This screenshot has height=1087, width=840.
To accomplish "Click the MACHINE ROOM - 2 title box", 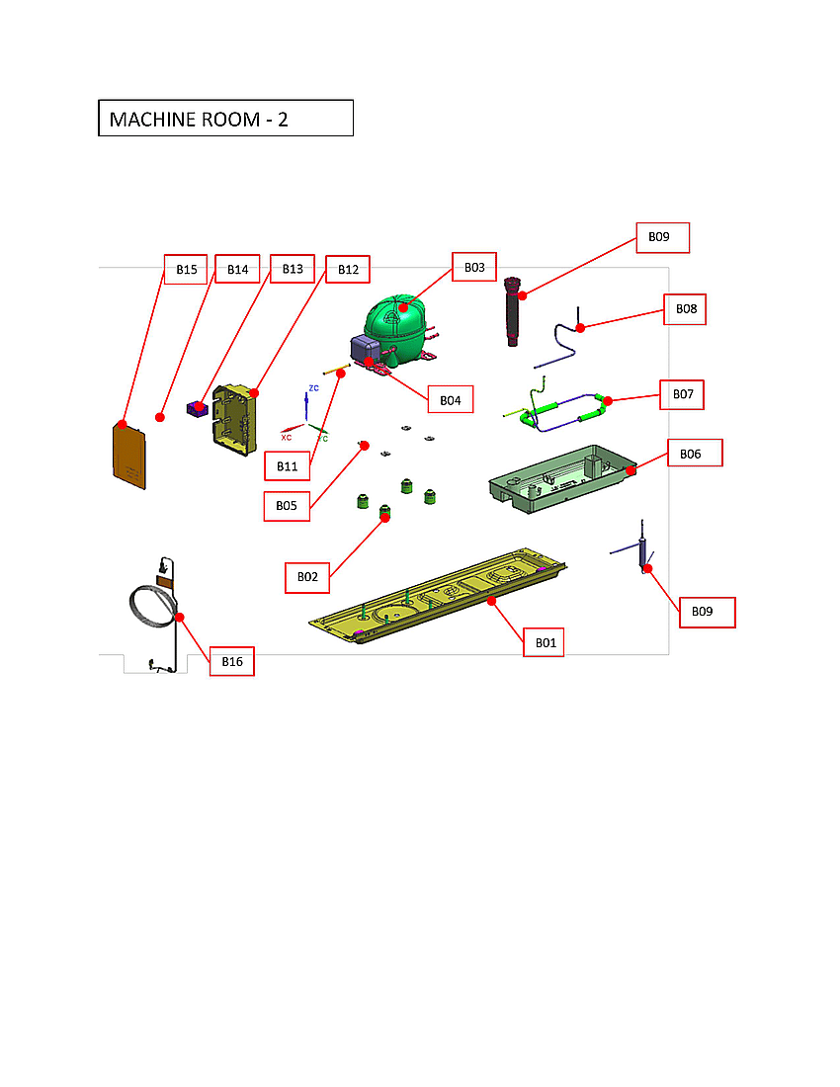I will tap(225, 118).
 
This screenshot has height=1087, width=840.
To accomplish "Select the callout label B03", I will tap(474, 268).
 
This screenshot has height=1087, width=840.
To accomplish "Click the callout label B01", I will tap(545, 642).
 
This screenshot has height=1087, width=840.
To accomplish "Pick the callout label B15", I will tap(186, 270).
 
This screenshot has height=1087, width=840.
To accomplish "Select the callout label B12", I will tap(348, 270).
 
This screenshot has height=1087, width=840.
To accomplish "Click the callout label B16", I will tap(232, 661).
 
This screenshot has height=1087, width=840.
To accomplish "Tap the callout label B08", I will tap(686, 309).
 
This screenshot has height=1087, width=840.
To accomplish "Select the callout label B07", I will tap(683, 394).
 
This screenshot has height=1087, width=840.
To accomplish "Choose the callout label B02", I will tap(307, 577).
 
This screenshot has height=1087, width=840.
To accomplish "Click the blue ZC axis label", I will tap(313, 388).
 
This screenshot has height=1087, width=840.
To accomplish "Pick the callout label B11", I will tap(287, 465).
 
